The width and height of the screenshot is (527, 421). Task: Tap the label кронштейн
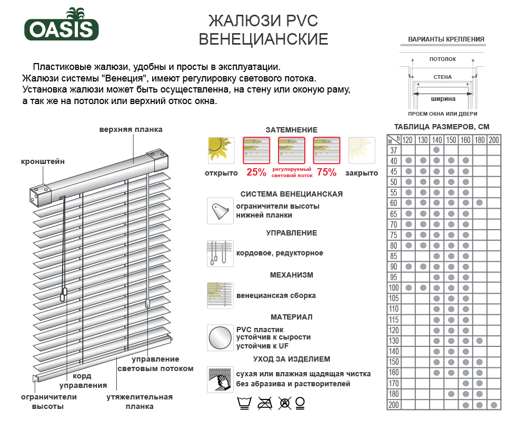[x=43, y=161]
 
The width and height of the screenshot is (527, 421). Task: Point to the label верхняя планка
[x=131, y=129]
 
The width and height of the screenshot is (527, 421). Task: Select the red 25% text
[x=256, y=172]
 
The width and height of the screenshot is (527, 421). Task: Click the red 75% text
[x=326, y=172]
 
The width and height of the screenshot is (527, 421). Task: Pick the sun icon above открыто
[x=221, y=149]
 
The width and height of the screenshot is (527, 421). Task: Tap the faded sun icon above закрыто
[x=361, y=149]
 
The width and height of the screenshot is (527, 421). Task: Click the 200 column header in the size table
[x=494, y=140]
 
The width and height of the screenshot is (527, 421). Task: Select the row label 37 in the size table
[x=393, y=150]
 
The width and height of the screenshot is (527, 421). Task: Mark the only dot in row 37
[x=437, y=150]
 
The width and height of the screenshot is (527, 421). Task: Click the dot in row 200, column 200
[x=494, y=405]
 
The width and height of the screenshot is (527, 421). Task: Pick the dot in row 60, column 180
[x=479, y=203]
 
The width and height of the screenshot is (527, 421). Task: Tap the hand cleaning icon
[x=220, y=379]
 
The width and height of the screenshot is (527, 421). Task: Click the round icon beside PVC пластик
[x=220, y=337]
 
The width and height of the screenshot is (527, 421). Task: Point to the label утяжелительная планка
[x=140, y=402]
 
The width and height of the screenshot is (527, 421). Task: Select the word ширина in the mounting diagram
[x=443, y=98]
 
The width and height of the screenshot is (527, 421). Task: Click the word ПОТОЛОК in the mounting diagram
[x=442, y=59]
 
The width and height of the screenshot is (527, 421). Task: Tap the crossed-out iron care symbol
[x=264, y=404]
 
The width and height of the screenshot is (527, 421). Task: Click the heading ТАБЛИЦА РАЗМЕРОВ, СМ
[x=442, y=127]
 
